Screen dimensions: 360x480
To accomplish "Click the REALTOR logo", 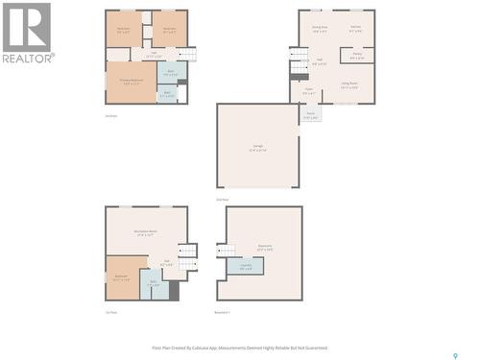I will pos(27,33).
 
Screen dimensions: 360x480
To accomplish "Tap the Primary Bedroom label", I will pos(126,82).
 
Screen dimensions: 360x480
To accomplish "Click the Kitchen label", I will pos(355,30).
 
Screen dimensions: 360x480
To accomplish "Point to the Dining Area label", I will pos(319,30).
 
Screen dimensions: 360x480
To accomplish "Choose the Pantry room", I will pos(356,56).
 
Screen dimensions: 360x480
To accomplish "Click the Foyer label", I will pos(308,90).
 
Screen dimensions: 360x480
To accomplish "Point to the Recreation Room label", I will pos(146,232).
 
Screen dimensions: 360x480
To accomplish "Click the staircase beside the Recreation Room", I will pos(188,253).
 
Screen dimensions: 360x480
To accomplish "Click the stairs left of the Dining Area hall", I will pos(300,64).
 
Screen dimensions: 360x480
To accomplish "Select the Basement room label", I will pos(263,247).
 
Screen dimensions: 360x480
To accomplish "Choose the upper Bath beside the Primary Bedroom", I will pos(169,72).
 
